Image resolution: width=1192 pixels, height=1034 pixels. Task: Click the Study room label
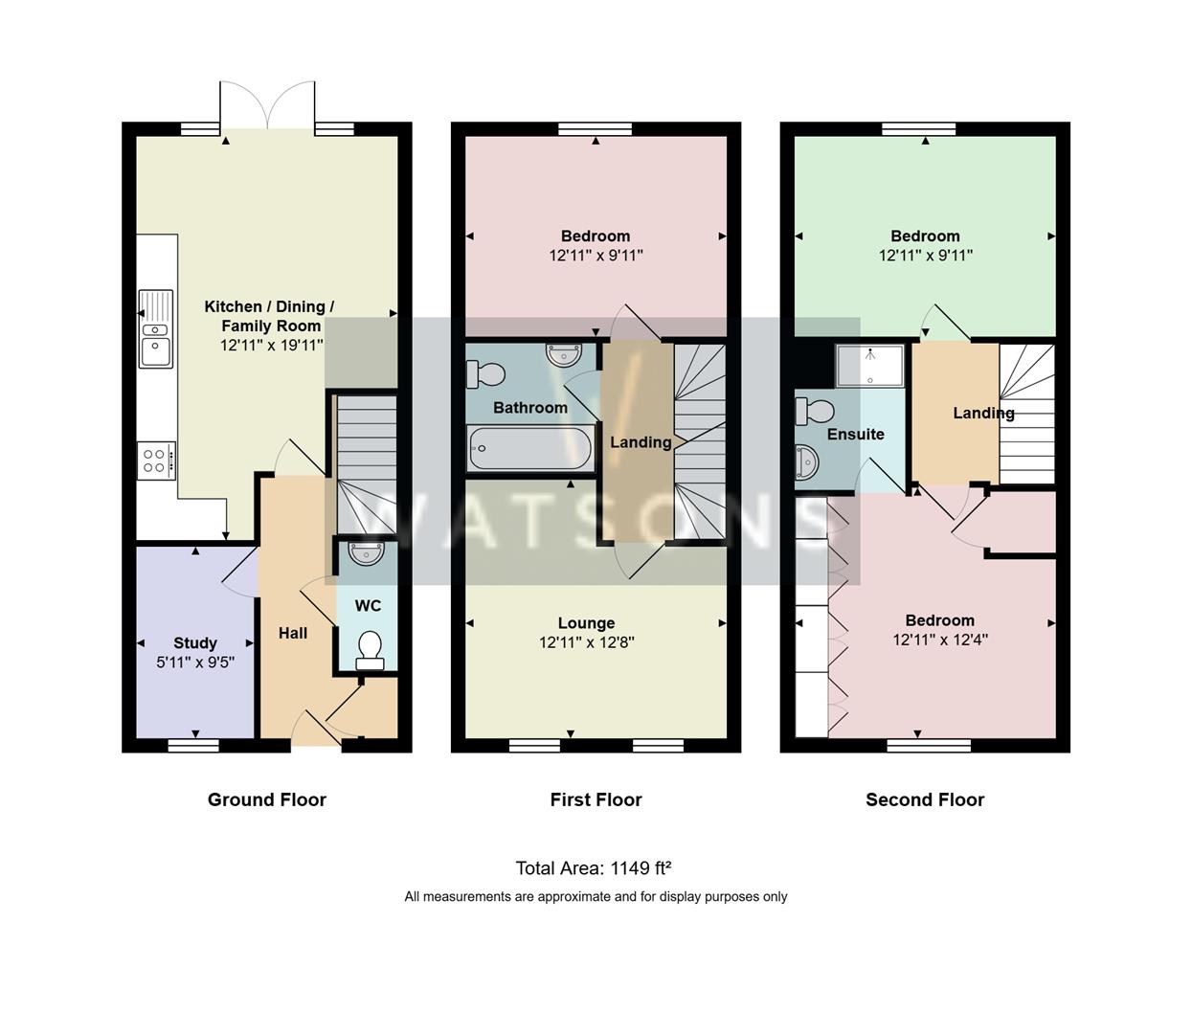(x=195, y=642)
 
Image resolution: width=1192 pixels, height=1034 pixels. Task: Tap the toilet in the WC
(x=370, y=651)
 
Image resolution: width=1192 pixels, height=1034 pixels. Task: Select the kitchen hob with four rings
(x=156, y=461)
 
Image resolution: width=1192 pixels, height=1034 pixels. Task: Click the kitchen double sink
(x=155, y=329)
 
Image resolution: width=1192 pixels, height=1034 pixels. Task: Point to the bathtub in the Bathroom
(x=530, y=448)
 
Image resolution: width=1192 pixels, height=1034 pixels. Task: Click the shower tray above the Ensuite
(x=869, y=366)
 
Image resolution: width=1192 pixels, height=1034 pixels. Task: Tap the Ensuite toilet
(x=815, y=412)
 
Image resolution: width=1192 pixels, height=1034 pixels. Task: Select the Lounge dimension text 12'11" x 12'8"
(x=587, y=642)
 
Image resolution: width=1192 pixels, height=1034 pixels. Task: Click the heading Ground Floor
(x=267, y=799)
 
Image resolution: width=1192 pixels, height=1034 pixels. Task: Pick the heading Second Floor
(x=925, y=799)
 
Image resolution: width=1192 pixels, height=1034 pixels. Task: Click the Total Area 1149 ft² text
(x=593, y=868)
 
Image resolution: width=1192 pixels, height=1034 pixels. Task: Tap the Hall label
(x=292, y=633)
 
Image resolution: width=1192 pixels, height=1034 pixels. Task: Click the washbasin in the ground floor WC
(x=367, y=553)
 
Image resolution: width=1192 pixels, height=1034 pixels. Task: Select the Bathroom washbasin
(x=563, y=355)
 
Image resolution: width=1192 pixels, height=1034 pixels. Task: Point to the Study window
(x=193, y=745)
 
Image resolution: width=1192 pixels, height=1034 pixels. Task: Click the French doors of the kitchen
(x=267, y=105)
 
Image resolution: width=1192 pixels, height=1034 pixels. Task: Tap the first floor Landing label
(x=641, y=442)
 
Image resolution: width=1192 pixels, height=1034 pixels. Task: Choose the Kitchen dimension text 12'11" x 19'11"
(x=272, y=346)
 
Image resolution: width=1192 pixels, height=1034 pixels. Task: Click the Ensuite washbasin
(x=807, y=462)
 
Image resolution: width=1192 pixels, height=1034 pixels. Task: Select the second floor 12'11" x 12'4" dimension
(x=940, y=641)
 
